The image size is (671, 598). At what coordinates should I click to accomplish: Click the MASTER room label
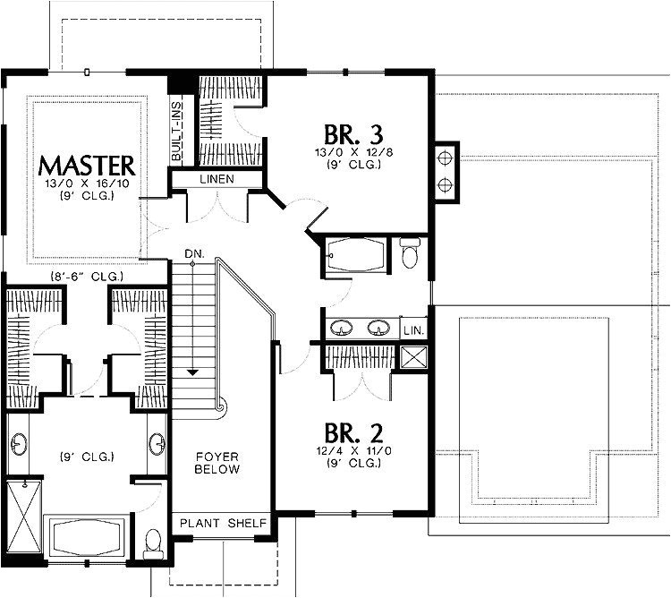(87, 167)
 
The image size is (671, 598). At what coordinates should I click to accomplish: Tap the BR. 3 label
(353, 134)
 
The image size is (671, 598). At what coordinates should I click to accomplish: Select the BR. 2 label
(353, 432)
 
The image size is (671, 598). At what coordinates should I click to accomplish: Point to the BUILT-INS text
(176, 131)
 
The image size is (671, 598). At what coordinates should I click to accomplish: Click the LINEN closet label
(217, 179)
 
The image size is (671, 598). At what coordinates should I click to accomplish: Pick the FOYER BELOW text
(217, 463)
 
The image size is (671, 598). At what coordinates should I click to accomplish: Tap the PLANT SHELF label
(223, 523)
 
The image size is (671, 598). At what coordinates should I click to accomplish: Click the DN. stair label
(195, 254)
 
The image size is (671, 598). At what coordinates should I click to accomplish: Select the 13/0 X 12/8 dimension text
(354, 152)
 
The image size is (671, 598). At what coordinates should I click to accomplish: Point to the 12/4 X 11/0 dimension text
(354, 450)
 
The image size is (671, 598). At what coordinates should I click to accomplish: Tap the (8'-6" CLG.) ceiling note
(87, 277)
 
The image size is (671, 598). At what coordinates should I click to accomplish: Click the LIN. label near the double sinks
(414, 330)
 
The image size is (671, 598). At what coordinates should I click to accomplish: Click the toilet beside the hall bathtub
(410, 253)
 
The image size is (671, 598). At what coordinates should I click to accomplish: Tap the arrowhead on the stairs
(192, 372)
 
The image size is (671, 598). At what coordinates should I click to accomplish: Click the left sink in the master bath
(19, 444)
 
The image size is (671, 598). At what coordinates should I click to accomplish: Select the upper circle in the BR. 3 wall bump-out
(445, 158)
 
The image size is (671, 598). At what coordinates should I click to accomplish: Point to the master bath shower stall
(24, 517)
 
